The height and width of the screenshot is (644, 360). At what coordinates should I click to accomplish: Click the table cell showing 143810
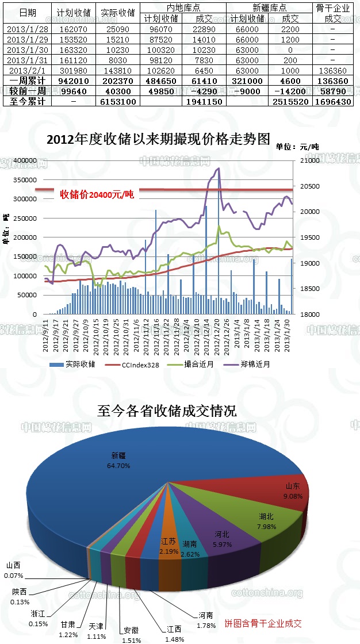click(117, 70)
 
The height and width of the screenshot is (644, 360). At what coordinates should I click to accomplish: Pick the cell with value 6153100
click(117, 101)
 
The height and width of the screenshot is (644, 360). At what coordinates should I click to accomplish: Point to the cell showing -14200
click(290, 91)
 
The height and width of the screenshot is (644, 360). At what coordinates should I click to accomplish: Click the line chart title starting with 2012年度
click(158, 139)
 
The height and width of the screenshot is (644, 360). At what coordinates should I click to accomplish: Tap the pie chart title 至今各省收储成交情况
click(167, 411)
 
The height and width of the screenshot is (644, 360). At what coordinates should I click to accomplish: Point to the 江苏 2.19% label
click(168, 546)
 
